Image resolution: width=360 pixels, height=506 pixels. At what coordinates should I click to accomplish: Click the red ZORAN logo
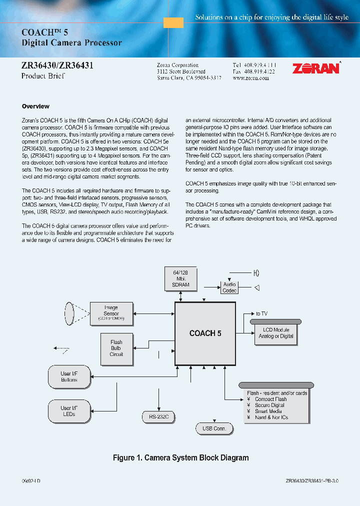coord(315,68)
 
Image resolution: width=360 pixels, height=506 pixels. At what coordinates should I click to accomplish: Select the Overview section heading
coord(35,106)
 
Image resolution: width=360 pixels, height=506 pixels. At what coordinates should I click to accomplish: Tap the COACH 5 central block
coord(205,333)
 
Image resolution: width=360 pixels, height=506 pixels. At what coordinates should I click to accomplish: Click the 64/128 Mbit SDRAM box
coord(180,278)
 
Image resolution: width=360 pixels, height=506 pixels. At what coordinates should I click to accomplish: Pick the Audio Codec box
coord(229,287)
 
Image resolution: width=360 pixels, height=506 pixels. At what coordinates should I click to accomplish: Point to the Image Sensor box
coord(111,313)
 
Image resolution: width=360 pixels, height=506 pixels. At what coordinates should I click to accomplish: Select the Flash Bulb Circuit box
coord(116,348)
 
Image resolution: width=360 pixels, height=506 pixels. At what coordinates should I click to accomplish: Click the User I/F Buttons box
coord(69,376)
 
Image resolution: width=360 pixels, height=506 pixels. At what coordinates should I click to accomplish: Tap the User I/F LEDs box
coord(69,411)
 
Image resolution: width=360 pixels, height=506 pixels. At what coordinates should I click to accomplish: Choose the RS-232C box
coord(158,416)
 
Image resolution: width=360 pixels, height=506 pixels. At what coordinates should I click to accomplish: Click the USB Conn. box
coord(214,428)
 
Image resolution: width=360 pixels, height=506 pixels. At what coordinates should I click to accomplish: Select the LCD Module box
coord(276,333)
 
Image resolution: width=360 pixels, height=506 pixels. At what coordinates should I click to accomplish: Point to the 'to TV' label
coord(261,313)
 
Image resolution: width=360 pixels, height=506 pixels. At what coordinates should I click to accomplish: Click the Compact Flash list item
coord(270,399)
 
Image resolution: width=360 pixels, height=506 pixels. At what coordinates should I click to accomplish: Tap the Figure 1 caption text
coord(180,457)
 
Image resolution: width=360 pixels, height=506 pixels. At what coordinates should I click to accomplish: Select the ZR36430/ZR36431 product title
coord(57,65)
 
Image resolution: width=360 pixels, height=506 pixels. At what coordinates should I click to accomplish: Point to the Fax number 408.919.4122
coord(254,71)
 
